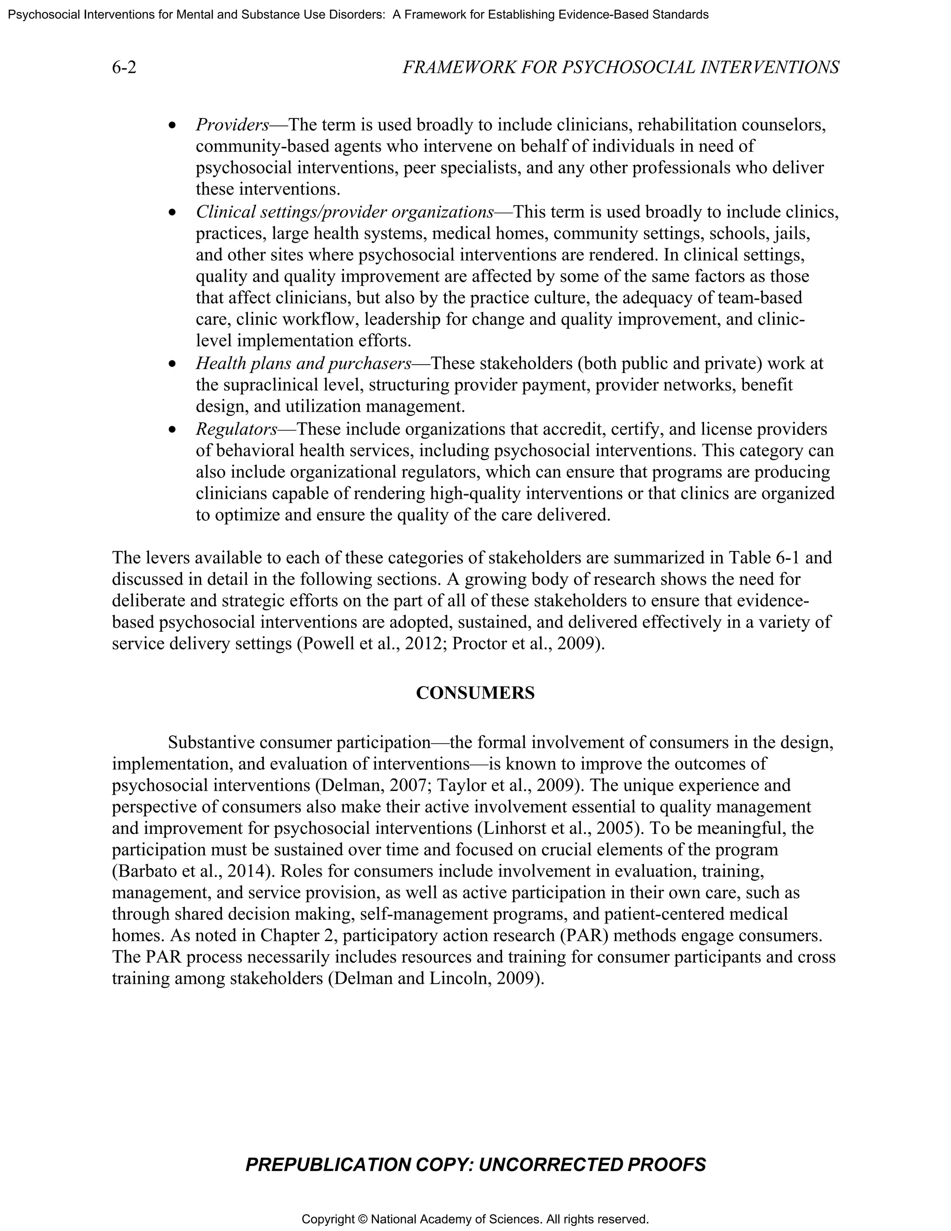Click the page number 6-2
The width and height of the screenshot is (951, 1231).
tap(124, 68)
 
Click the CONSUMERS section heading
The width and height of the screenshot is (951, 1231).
tap(475, 693)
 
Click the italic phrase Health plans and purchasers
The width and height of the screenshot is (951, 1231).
tap(304, 364)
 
